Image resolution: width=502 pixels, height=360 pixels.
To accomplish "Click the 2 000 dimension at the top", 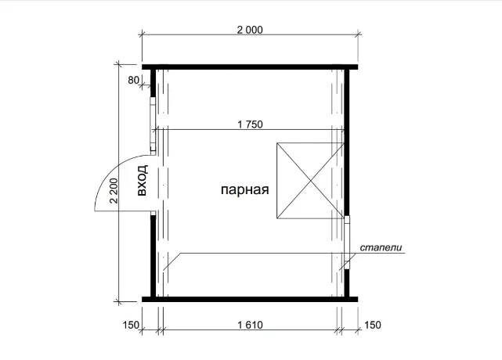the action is tap(250, 30).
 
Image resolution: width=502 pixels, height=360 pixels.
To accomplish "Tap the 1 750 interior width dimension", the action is tap(250, 124).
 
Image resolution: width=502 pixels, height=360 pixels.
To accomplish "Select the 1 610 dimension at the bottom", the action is tap(250, 325).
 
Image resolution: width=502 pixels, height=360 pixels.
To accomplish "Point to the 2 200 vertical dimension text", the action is tap(114, 191).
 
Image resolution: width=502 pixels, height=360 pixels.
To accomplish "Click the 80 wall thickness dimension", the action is tap(133, 80).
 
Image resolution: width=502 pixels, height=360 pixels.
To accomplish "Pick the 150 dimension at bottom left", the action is tap(131, 325).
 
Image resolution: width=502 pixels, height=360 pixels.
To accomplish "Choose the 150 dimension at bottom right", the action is tap(373, 325).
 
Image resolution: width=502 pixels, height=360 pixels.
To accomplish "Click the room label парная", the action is tap(245, 189).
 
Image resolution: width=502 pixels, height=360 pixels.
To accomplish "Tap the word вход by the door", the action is tap(143, 180).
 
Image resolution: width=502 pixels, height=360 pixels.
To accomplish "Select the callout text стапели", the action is tap(381, 247).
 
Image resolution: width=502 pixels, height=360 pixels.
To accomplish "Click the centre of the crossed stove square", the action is tap(311, 181).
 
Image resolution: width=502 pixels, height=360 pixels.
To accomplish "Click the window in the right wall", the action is tap(347, 243).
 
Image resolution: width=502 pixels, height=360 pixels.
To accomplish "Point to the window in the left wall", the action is tap(153, 124).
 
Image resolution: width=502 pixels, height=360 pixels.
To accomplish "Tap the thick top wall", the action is tap(250, 67).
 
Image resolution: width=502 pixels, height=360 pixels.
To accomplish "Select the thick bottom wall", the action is tap(250, 300).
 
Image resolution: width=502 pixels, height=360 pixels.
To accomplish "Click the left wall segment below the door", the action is tap(153, 256).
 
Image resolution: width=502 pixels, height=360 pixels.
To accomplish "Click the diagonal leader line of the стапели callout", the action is tap(172, 262).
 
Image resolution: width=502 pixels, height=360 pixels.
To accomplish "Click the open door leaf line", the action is tap(123, 211).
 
